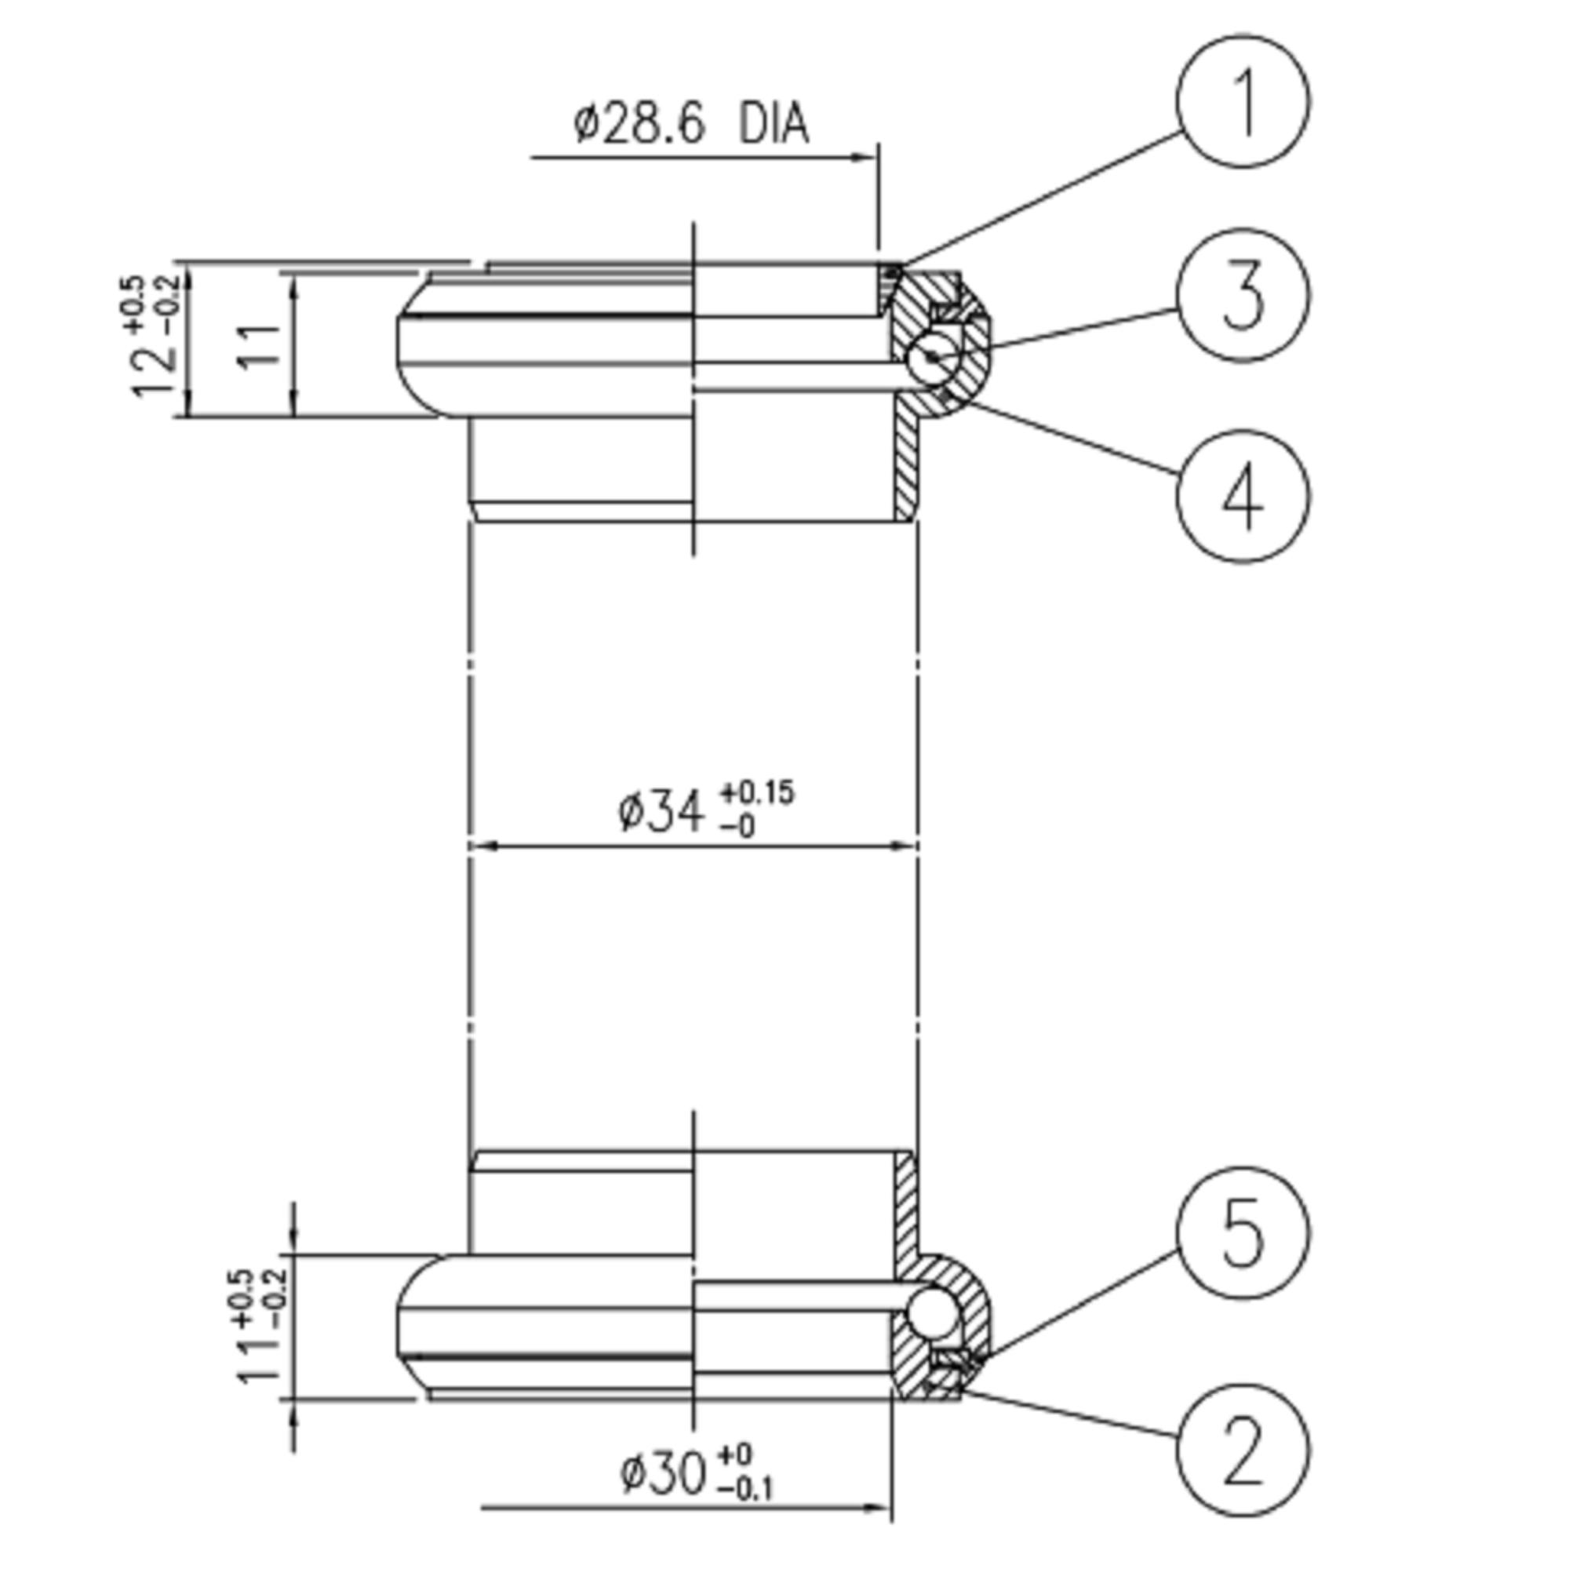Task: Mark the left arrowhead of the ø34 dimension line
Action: (482, 846)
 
